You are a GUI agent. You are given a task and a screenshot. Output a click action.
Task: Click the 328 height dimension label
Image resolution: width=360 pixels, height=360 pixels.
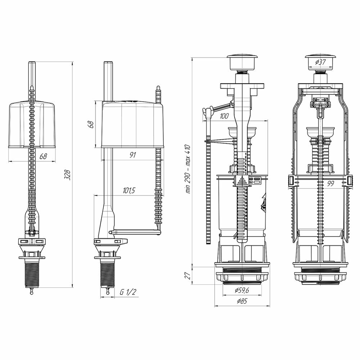click(x=68, y=175)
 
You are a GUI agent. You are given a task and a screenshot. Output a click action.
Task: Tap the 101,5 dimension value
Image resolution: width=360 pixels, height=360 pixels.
click(x=129, y=190)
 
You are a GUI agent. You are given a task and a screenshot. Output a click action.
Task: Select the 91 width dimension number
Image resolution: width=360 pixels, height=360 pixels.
click(x=132, y=155)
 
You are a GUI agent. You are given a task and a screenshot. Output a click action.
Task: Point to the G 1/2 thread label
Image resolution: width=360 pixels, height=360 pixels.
click(x=129, y=292)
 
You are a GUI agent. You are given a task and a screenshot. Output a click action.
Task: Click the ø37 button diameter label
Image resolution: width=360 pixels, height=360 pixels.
click(x=320, y=62)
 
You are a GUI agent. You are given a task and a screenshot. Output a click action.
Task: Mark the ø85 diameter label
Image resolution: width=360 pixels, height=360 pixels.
click(x=242, y=302)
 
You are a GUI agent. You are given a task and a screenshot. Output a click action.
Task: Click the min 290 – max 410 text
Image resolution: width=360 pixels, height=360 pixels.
click(x=187, y=169)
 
